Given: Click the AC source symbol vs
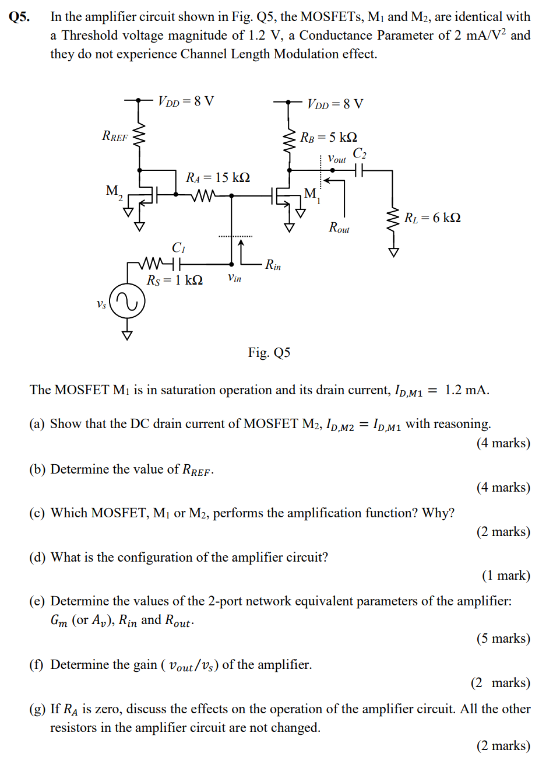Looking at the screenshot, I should click(x=127, y=302).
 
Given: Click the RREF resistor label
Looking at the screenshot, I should click(x=115, y=136).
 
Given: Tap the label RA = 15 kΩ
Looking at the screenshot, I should click(x=218, y=177).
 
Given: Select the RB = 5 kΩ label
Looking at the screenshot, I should click(x=329, y=137).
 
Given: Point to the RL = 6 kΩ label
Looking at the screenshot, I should click(x=432, y=218).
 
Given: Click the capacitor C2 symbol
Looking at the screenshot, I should click(x=359, y=170).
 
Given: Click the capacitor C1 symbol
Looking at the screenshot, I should click(x=177, y=264).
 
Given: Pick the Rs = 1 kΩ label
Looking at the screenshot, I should click(x=174, y=281).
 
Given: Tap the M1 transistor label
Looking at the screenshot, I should click(x=312, y=194).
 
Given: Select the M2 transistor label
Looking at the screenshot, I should click(x=114, y=191).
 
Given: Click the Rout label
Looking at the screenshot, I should click(x=339, y=227).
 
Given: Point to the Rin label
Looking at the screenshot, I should click(x=273, y=265).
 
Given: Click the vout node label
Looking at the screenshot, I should click(x=337, y=159).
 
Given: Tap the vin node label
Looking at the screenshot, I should click(x=234, y=278).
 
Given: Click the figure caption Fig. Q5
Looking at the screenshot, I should click(x=269, y=352).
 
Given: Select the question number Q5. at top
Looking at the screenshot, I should click(x=19, y=16).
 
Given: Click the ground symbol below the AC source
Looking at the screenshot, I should click(x=127, y=334).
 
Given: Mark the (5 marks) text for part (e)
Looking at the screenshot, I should click(x=503, y=639).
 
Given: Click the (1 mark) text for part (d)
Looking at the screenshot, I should click(x=506, y=576).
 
